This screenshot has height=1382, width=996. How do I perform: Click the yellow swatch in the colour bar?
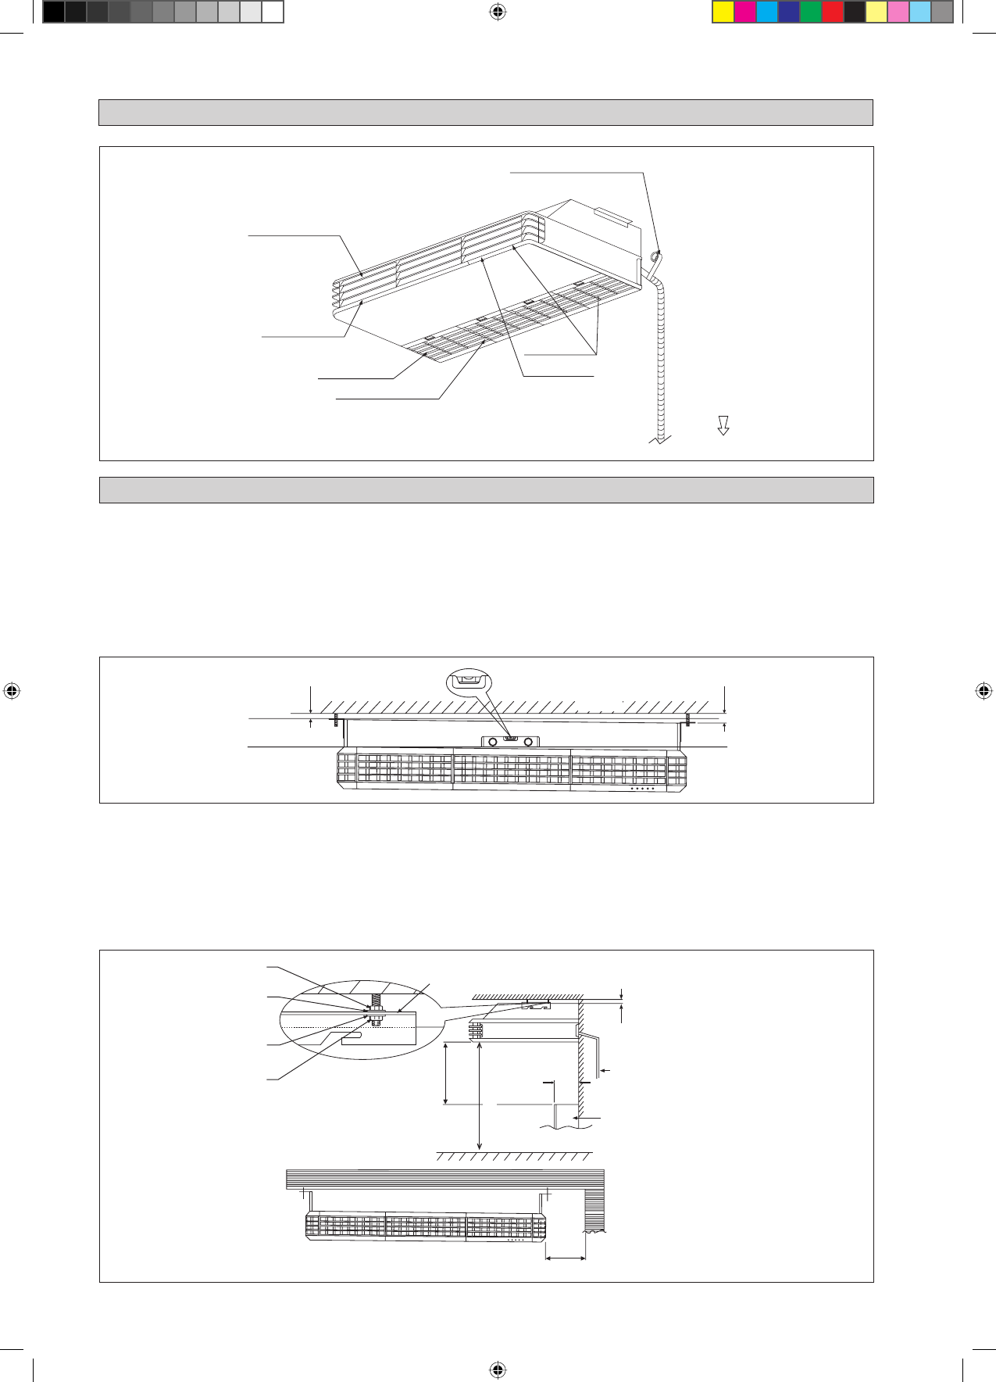[x=723, y=12]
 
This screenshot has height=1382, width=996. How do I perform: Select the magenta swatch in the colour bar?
[x=745, y=12]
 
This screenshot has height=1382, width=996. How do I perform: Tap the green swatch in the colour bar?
[x=811, y=12]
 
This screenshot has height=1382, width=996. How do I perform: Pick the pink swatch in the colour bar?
[x=898, y=12]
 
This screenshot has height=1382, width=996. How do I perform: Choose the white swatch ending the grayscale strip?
[x=272, y=12]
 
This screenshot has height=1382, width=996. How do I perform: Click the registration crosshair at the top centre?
[x=498, y=12]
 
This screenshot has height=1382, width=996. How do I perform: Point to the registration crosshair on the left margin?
[x=12, y=690]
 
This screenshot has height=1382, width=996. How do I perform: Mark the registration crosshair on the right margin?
[x=984, y=690]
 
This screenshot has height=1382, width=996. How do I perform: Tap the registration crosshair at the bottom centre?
[x=498, y=1369]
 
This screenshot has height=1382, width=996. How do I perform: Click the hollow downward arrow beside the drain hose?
[x=723, y=425]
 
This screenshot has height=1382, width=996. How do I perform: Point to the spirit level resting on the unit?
[x=510, y=739]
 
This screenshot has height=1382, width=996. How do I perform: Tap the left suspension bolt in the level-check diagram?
[x=336, y=720]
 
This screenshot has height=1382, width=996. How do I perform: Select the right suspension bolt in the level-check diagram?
[x=687, y=719]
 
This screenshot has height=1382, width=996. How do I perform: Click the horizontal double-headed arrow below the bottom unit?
[x=566, y=1258]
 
